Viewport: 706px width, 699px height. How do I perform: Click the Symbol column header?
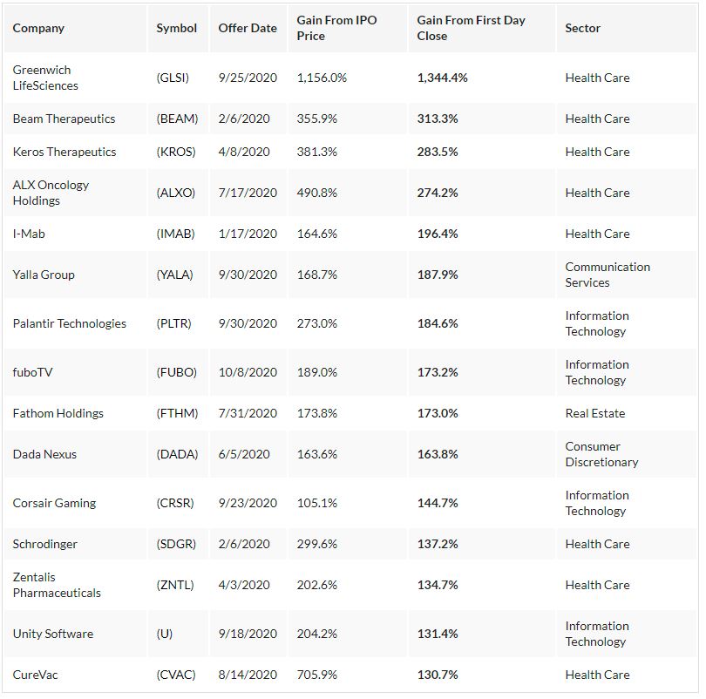(177, 28)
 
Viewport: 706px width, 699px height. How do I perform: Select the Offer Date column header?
(248, 28)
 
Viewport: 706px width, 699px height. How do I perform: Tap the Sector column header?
(582, 28)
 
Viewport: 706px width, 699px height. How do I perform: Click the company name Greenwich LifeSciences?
(45, 78)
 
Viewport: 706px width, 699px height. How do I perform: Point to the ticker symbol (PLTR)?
(174, 323)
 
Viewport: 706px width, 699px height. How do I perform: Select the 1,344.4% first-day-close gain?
(442, 78)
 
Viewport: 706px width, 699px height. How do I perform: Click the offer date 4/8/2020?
(244, 152)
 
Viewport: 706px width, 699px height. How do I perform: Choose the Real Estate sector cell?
(594, 413)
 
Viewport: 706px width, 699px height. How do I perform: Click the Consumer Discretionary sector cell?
(601, 454)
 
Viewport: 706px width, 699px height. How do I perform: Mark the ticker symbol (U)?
(165, 634)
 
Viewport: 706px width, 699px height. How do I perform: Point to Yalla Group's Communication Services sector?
(608, 275)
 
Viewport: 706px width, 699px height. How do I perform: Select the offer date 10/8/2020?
(248, 372)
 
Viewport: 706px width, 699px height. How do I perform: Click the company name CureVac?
(36, 675)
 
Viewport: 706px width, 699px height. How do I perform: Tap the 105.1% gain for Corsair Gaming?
(317, 503)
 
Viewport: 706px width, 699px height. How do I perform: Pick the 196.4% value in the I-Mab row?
(438, 234)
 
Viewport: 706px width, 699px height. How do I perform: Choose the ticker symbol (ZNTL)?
(175, 585)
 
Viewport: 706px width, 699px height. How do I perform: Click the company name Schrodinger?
(45, 544)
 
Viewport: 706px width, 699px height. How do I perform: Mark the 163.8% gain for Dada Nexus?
(438, 454)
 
